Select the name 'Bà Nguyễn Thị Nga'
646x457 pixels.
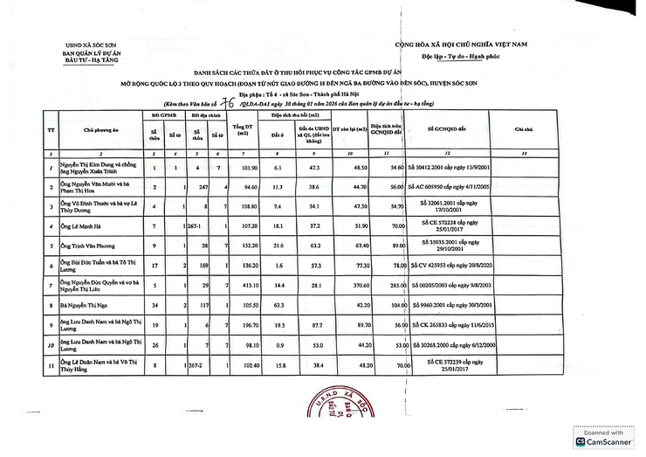point(86,305)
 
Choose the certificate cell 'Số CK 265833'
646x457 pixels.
point(448,325)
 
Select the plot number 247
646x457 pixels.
point(201,186)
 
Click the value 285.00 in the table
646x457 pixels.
point(396,285)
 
